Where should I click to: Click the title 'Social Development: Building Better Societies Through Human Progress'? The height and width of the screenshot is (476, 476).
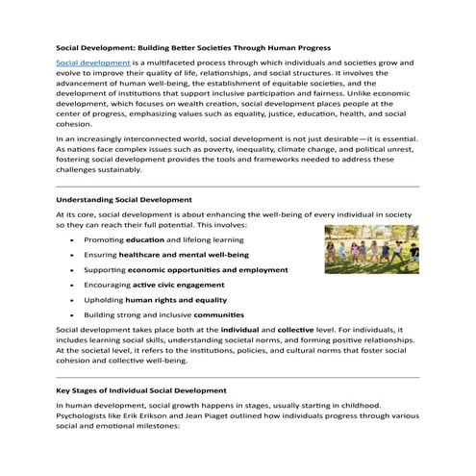point(192,45)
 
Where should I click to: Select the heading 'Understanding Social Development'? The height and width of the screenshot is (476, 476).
point(124,199)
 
